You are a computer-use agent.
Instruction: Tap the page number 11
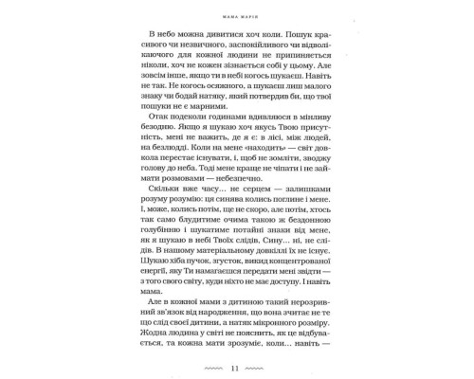[236, 365]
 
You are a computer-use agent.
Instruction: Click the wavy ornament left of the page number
[206, 365]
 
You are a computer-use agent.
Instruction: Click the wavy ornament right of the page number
[267, 365]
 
